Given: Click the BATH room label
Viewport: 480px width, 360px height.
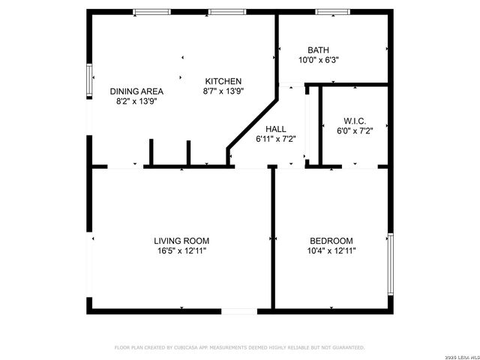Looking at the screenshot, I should pos(307,50).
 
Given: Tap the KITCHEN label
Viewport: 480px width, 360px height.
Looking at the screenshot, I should pos(223,81).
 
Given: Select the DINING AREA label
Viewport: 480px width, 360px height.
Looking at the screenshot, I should pos(136,91).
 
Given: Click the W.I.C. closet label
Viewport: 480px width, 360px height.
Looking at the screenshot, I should pos(354,121).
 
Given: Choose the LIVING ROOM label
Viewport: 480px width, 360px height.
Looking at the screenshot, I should pos(181,241).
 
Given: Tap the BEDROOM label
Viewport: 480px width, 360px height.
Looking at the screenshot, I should pos(331,241).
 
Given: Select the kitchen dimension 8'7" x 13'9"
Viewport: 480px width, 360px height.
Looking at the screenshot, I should pos(223,91).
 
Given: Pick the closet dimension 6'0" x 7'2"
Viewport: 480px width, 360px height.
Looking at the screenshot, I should pos(355,130).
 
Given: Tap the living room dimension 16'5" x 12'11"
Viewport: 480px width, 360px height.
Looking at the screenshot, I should pos(181,251).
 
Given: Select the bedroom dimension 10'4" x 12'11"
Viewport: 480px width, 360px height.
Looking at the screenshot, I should pos(332,251).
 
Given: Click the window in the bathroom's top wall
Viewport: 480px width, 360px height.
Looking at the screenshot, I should pos(328,12).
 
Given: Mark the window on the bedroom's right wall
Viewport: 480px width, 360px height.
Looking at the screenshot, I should pos(390,263).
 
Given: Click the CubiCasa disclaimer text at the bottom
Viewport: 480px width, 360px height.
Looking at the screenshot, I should pos(239,348).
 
